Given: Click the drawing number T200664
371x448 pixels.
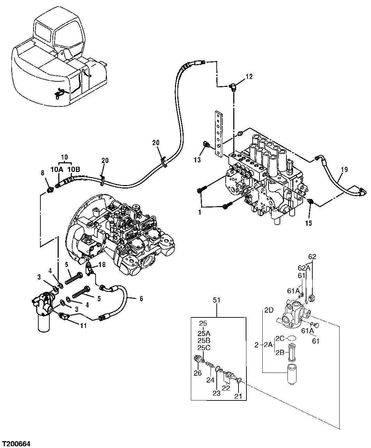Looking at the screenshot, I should (17, 442).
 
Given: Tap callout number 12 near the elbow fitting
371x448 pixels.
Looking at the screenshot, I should (249, 77).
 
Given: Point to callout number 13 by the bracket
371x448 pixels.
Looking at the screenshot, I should (197, 159).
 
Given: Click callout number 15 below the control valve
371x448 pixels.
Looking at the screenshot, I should (309, 223).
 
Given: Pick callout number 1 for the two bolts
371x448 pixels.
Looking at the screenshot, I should (199, 213).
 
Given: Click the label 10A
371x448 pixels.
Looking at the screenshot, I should (57, 169).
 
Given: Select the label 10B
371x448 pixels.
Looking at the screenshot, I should (74, 169).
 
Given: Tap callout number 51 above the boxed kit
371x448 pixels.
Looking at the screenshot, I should (217, 301).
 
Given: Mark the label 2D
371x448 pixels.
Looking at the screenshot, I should (269, 310).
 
